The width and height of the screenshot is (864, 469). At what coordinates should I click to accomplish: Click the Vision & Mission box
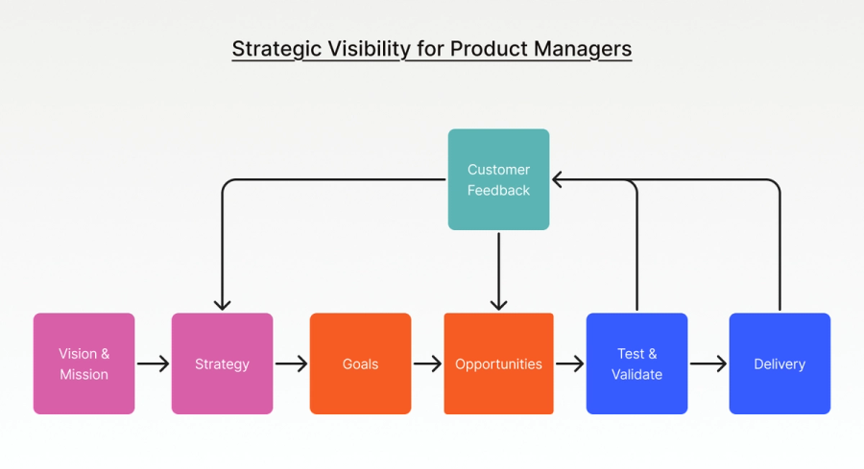pyautogui.click(x=84, y=363)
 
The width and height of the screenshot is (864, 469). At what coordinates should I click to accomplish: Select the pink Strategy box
pyautogui.click(x=222, y=363)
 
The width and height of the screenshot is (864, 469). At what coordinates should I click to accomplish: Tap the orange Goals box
pyautogui.click(x=360, y=363)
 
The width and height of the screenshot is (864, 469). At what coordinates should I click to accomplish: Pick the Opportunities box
pyautogui.click(x=498, y=363)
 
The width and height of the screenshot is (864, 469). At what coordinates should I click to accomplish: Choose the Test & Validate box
pyautogui.click(x=636, y=363)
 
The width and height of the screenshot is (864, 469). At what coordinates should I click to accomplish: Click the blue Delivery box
pyautogui.click(x=780, y=363)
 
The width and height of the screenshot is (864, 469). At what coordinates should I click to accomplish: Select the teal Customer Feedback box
pyautogui.click(x=498, y=179)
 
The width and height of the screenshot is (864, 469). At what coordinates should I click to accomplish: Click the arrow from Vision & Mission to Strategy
pyautogui.click(x=153, y=364)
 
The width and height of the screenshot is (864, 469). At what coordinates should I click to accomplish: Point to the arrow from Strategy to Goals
pyautogui.click(x=291, y=364)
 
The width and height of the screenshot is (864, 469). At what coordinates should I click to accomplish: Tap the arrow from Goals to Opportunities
pyautogui.click(x=427, y=364)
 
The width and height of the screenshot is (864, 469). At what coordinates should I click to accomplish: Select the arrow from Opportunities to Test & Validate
pyautogui.click(x=569, y=364)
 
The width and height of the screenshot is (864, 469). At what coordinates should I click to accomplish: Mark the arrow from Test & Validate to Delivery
pyautogui.click(x=708, y=364)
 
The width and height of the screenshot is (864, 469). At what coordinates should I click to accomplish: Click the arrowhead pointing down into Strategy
pyautogui.click(x=222, y=304)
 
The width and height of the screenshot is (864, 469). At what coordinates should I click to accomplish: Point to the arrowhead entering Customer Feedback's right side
pyautogui.click(x=559, y=179)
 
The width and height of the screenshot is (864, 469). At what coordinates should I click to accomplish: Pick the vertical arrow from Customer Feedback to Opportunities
pyautogui.click(x=498, y=271)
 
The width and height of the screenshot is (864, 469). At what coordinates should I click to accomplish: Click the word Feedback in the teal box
pyautogui.click(x=498, y=190)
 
